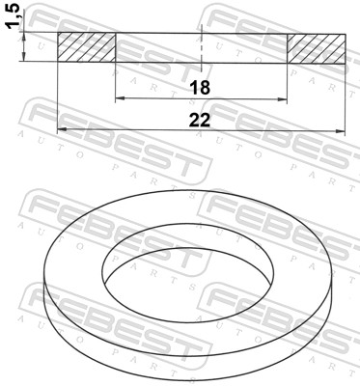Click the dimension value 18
tap(200, 88)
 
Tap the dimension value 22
tap(200, 120)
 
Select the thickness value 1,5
tap(14, 18)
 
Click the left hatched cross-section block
tap(86, 47)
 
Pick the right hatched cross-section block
tap(316, 49)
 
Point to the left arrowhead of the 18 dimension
tap(120, 98)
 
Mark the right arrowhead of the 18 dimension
tap(282, 99)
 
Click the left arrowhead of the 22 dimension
tap(62, 129)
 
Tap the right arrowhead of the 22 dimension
tap(340, 131)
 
